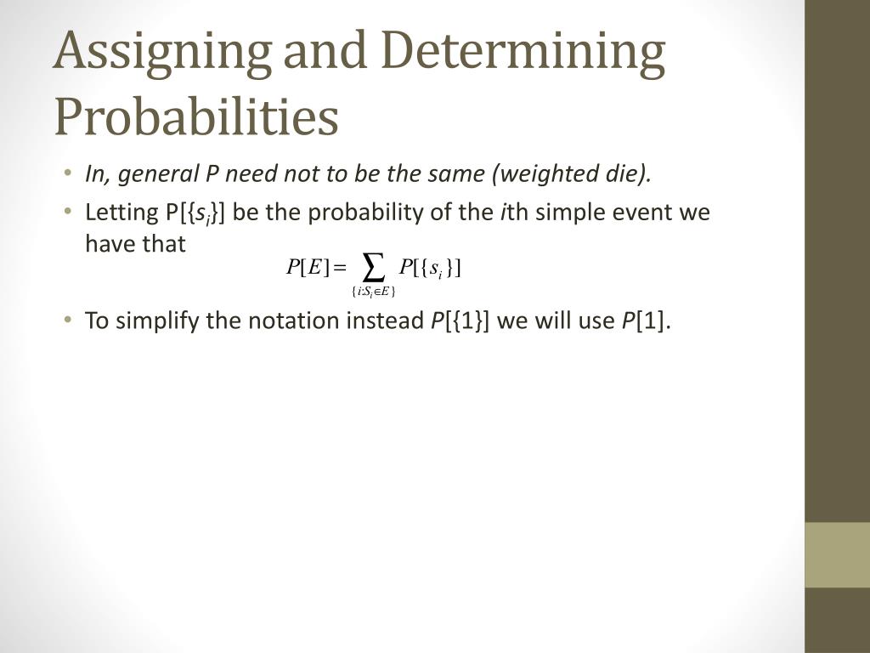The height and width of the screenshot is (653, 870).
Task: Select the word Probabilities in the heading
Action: coord(196,116)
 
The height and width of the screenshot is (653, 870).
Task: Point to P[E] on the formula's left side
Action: coord(307,269)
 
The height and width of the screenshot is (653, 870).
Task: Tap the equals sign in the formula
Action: coord(341,270)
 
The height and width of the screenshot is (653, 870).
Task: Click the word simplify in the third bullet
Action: coord(154,322)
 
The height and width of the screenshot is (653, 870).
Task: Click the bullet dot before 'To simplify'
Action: coord(67,321)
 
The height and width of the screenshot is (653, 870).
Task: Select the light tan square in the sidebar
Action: coord(837,554)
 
